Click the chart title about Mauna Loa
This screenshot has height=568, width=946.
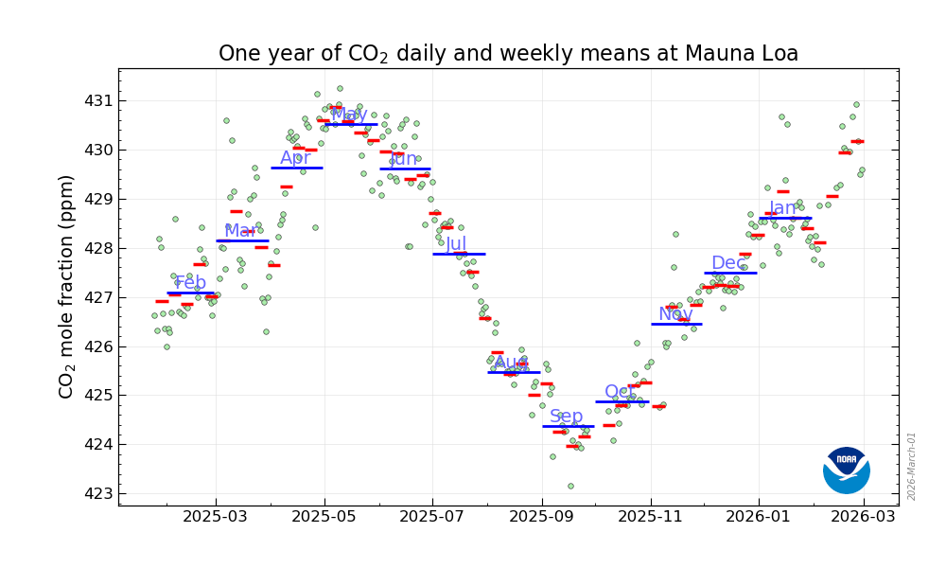pyautogui.click(x=508, y=54)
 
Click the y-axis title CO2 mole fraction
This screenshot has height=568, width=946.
pyautogui.click(x=67, y=286)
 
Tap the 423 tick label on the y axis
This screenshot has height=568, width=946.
pyautogui.click(x=97, y=493)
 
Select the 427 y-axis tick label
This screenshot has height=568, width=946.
pyautogui.click(x=97, y=297)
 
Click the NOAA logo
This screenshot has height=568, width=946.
pyautogui.click(x=846, y=470)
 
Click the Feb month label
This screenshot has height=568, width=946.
pyautogui.click(x=190, y=283)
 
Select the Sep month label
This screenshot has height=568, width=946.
pyautogui.click(x=567, y=417)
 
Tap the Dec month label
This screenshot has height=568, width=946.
pyautogui.click(x=728, y=263)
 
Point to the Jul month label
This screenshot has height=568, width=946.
pyautogui.click(x=456, y=244)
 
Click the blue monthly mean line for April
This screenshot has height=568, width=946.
pyautogui.click(x=296, y=168)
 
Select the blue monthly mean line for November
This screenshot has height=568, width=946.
pyautogui.click(x=676, y=324)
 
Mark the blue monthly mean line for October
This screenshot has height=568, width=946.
pyautogui.click(x=621, y=401)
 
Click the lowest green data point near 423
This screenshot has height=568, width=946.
pyautogui.click(x=570, y=486)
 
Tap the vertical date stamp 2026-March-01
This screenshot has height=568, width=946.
pyautogui.click(x=912, y=466)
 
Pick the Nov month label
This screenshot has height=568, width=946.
pyautogui.click(x=675, y=315)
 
